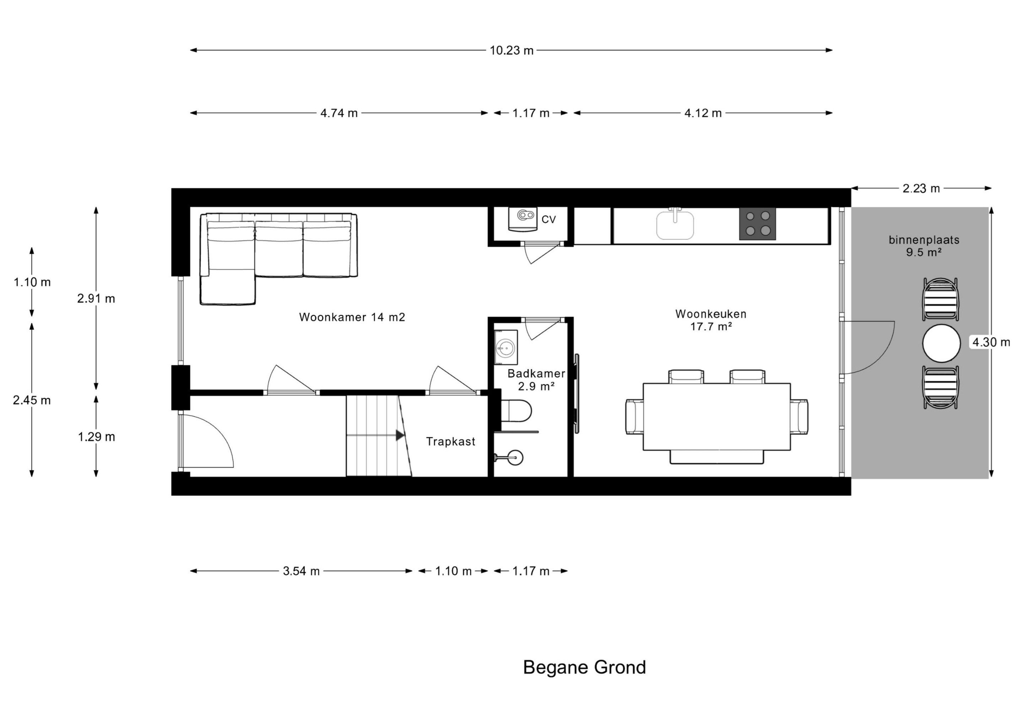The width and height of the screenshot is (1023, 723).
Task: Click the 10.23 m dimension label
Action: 511,50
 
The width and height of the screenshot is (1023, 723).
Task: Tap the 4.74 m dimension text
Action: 339,113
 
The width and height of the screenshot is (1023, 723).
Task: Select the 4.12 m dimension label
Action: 703,113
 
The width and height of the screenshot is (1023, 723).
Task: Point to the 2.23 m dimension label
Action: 921,189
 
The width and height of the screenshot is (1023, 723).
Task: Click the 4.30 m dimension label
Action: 991,342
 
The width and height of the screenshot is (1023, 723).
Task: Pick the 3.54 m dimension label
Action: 301,571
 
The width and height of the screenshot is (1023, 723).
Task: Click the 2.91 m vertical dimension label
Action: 96,298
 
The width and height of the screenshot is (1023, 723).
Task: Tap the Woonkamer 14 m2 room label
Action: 352,317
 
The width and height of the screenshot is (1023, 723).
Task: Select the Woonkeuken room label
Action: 711,314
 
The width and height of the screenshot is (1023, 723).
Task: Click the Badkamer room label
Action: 536,373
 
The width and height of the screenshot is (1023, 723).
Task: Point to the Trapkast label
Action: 450,441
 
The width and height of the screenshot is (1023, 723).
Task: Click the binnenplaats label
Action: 924,240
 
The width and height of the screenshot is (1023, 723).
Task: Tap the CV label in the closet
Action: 548,219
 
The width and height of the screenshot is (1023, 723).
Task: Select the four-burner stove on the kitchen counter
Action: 757,224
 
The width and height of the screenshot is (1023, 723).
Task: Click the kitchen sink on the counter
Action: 675,224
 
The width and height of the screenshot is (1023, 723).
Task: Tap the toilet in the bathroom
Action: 516,410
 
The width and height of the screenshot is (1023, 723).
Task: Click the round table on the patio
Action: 941,343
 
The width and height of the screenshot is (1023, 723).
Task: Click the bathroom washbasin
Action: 506,347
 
